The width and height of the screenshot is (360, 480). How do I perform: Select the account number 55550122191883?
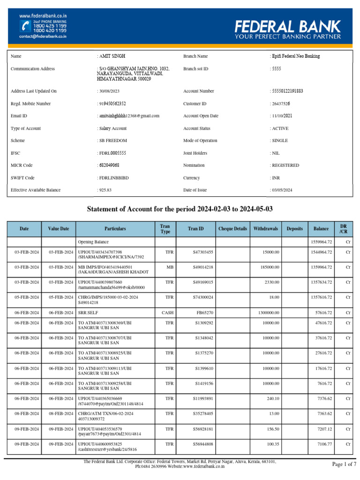[x=288, y=91]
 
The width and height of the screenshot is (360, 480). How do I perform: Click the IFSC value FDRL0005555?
[x=112, y=153]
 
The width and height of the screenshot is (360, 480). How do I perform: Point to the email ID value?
[x=129, y=116]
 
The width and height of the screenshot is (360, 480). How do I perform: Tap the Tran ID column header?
[x=196, y=229]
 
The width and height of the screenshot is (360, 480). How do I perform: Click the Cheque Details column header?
[x=232, y=229]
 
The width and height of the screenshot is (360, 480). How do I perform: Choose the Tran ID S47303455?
[x=203, y=252]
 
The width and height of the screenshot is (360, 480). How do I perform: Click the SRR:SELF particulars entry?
[x=89, y=312]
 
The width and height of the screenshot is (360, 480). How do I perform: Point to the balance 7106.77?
[x=323, y=443]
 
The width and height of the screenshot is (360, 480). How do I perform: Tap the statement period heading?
[x=180, y=209]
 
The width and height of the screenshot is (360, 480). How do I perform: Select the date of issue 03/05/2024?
[x=283, y=190]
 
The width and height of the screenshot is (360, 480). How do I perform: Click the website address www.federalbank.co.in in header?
[x=43, y=15]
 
